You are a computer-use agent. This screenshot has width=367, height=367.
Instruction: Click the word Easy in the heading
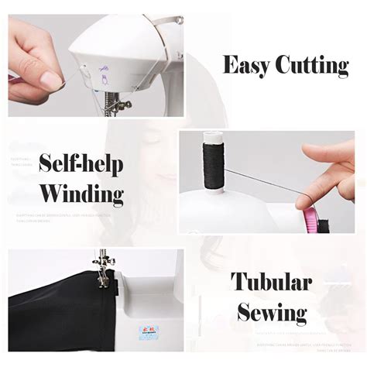(245, 65)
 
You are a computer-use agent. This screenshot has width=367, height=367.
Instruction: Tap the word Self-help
(81, 164)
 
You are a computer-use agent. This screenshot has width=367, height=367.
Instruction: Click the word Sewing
(270, 314)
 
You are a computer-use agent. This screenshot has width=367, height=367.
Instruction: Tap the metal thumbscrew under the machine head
(124, 104)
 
